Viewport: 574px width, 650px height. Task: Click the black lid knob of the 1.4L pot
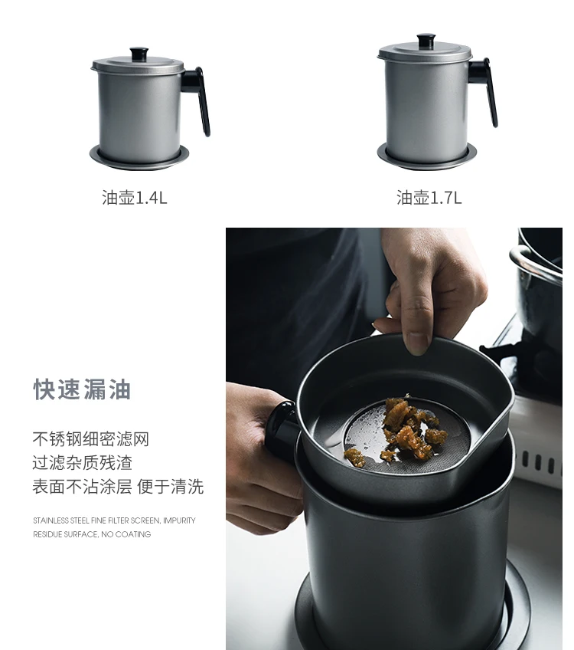click(x=139, y=54)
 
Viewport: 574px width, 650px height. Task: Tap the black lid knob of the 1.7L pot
click(x=426, y=41)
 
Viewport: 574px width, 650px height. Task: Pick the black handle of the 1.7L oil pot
click(x=484, y=88)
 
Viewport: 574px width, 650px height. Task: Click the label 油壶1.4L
click(x=135, y=198)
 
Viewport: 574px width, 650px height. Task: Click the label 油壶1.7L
click(x=429, y=198)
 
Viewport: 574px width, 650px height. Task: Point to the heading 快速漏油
click(x=83, y=389)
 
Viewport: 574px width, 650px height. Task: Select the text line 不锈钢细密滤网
click(x=90, y=438)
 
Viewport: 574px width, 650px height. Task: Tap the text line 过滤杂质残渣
click(x=83, y=462)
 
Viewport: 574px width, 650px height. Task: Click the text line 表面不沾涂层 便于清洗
click(x=118, y=486)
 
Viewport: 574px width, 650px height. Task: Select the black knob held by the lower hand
click(x=282, y=426)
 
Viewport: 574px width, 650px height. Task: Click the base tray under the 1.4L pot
click(x=139, y=158)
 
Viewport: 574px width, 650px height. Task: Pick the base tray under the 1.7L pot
click(x=426, y=156)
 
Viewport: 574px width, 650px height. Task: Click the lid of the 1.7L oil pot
click(x=425, y=52)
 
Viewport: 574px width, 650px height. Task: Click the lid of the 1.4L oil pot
click(x=139, y=64)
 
